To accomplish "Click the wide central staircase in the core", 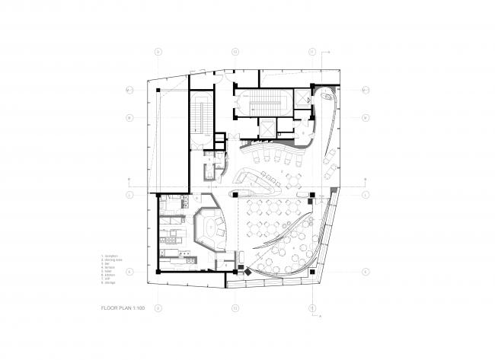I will pyautogui.click(x=262, y=101).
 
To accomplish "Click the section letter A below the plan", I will pyautogui.click(x=322, y=314).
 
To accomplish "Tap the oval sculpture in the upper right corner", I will pyautogui.click(x=327, y=96).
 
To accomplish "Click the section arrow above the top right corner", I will pyautogui.click(x=327, y=52).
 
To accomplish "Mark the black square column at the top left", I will pyautogui.click(x=158, y=91).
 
